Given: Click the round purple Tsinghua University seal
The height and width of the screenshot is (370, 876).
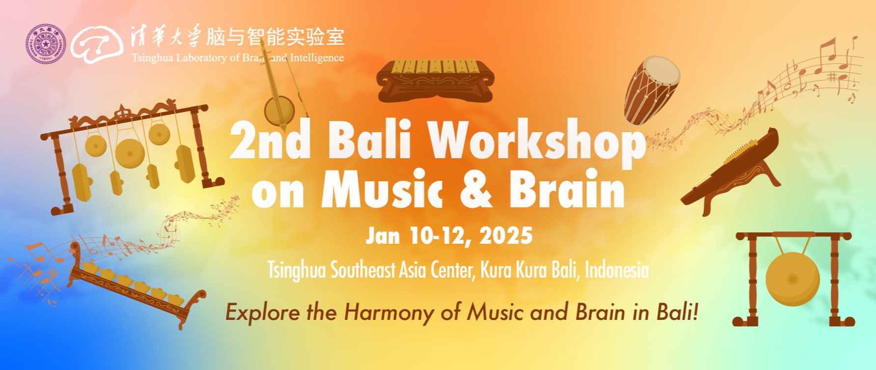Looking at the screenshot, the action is (x=46, y=44).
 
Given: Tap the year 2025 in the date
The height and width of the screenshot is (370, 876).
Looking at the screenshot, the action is (x=506, y=236).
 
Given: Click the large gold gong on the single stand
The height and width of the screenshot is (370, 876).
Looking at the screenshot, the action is (x=793, y=279).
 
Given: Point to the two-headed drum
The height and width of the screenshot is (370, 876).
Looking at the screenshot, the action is (x=652, y=90).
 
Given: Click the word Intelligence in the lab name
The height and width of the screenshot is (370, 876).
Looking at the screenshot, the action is (x=317, y=57).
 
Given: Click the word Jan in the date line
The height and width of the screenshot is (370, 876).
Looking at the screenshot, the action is (x=383, y=236).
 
